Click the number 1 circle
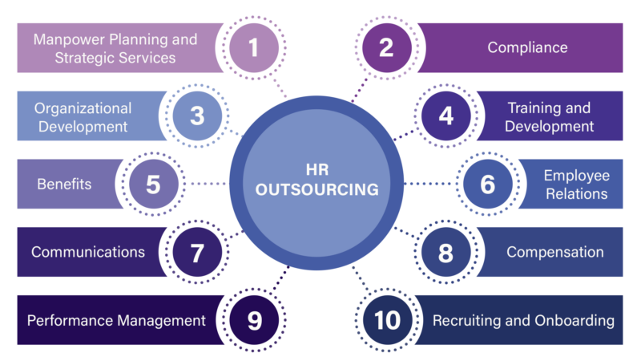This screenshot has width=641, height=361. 254,48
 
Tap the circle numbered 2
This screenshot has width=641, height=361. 387,48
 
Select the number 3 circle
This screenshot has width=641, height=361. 197,116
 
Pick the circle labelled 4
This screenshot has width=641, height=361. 446,116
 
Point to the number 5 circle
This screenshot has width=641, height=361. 154,184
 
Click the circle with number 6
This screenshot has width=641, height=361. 488,184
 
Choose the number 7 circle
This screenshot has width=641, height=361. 197,252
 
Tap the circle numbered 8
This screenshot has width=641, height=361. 446,252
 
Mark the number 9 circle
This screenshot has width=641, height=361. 254,320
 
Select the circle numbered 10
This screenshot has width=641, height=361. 387,320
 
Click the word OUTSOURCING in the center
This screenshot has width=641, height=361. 316,189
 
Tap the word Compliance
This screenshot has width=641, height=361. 527,47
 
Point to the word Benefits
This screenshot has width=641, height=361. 64,185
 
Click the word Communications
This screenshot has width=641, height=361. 88,252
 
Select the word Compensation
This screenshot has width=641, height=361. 554,252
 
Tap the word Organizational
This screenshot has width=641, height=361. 83,108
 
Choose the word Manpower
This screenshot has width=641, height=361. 70,39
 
